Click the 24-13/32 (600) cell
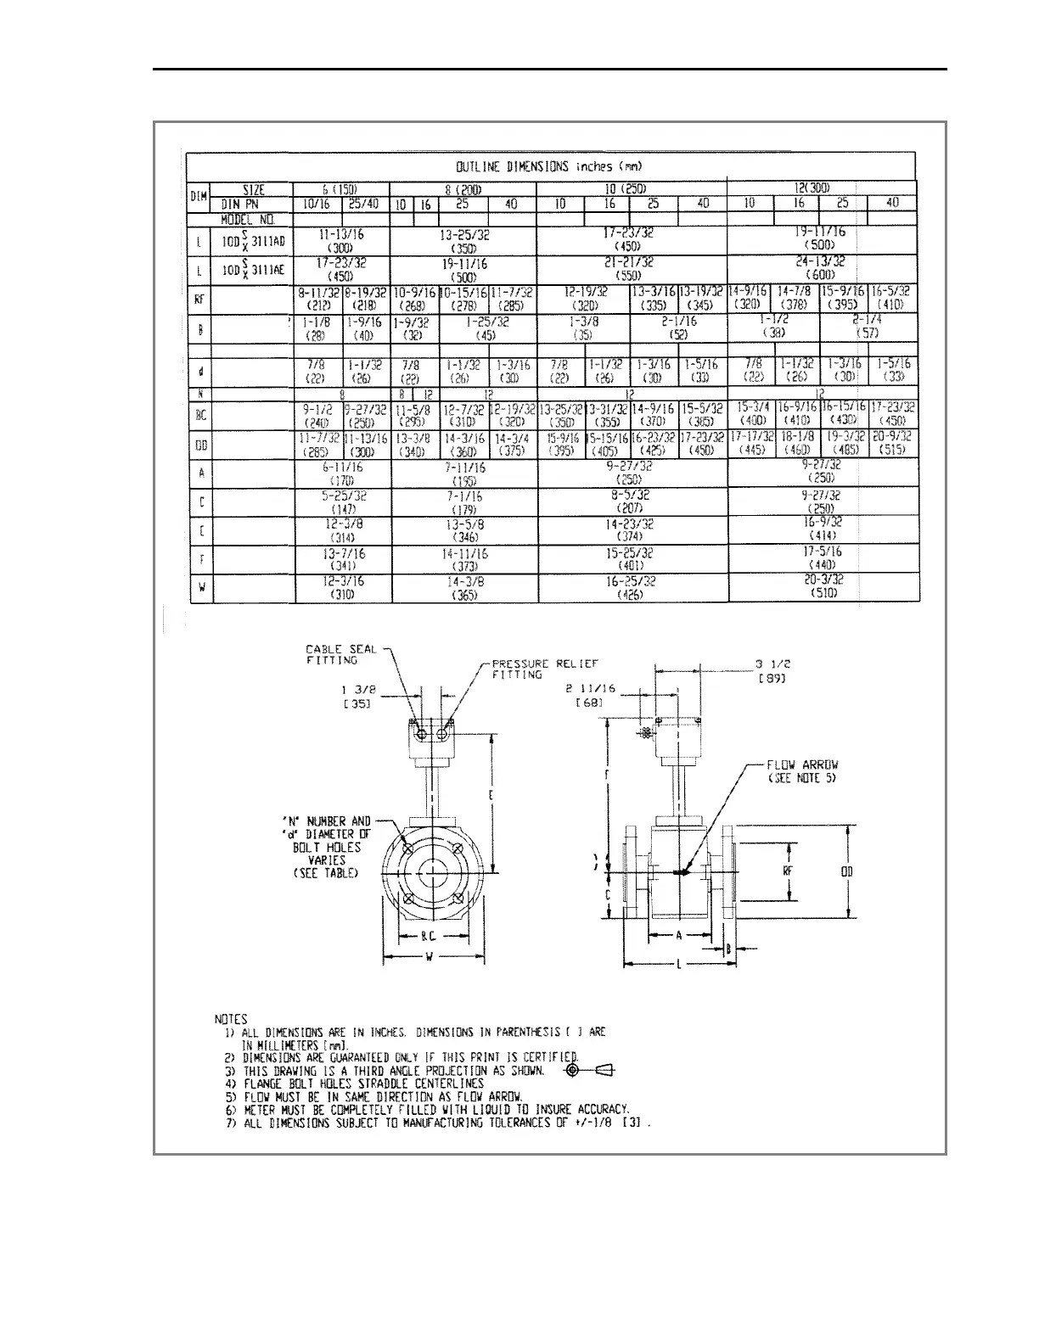821,269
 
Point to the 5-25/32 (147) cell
343,501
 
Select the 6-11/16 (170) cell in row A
343,473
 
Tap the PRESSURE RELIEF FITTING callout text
545,669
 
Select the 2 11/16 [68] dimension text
589,697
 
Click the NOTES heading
230,1019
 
